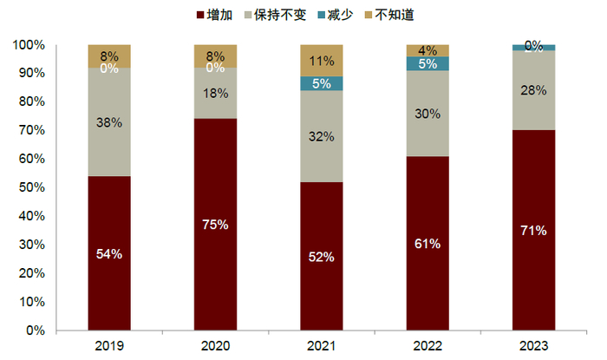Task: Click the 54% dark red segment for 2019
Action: (109, 253)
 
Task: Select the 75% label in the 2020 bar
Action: (215, 225)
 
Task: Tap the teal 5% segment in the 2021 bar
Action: (322, 83)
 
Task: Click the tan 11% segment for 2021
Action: (322, 61)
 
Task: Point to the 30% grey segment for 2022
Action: (428, 113)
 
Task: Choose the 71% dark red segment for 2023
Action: (534, 230)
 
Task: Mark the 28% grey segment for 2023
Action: (534, 90)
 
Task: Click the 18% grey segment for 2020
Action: (215, 94)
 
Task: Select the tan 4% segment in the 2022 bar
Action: (428, 50)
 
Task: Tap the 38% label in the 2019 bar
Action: (109, 122)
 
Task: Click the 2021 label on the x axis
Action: (322, 345)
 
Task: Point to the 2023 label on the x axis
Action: (534, 345)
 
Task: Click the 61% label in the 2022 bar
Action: (428, 244)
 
